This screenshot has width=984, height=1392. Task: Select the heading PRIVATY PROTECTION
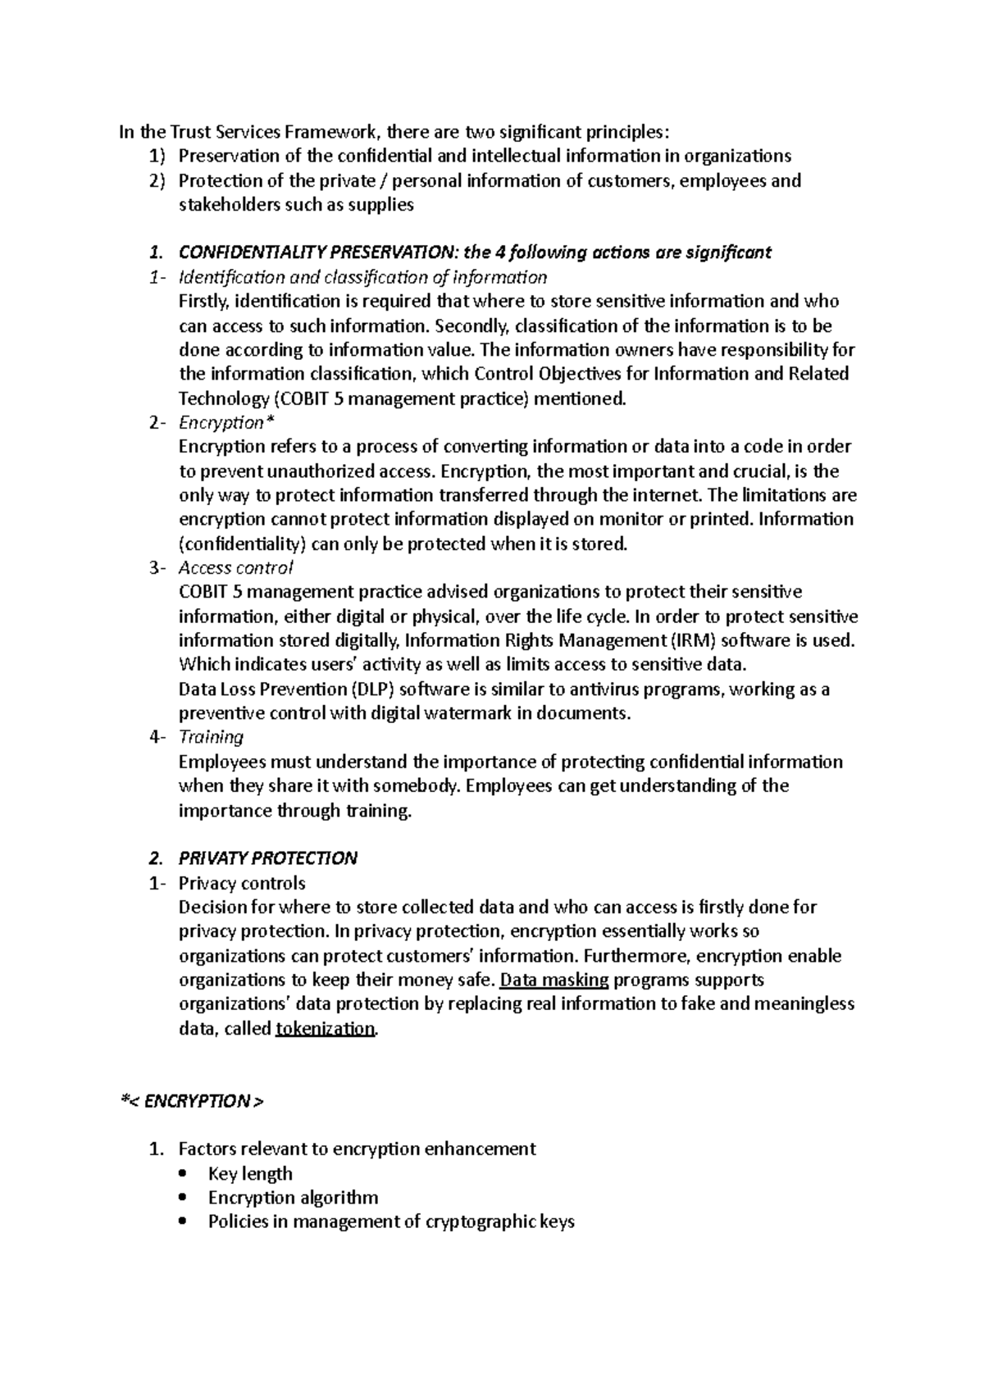[x=267, y=858]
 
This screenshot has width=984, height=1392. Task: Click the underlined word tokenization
[x=326, y=1029]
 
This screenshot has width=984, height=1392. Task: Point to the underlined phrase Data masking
[x=554, y=980]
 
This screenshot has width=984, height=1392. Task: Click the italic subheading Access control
[x=235, y=568]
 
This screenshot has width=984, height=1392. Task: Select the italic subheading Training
[x=211, y=737]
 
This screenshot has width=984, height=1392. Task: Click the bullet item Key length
[x=250, y=1174]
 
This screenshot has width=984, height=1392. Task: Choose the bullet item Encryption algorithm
[x=293, y=1198]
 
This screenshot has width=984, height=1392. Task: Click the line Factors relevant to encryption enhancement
[x=357, y=1149]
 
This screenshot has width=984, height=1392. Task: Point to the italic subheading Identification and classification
[x=362, y=277]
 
